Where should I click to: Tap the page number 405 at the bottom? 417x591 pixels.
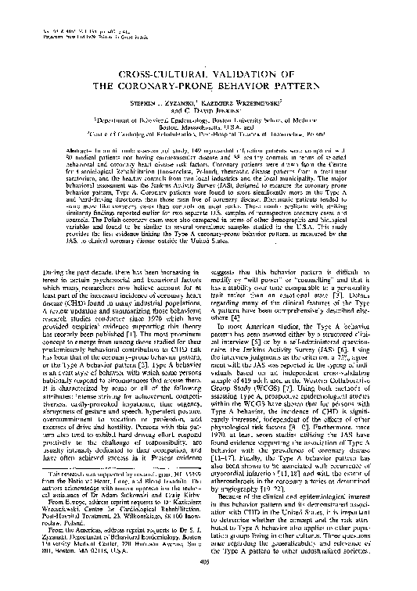[x=207, y=582]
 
